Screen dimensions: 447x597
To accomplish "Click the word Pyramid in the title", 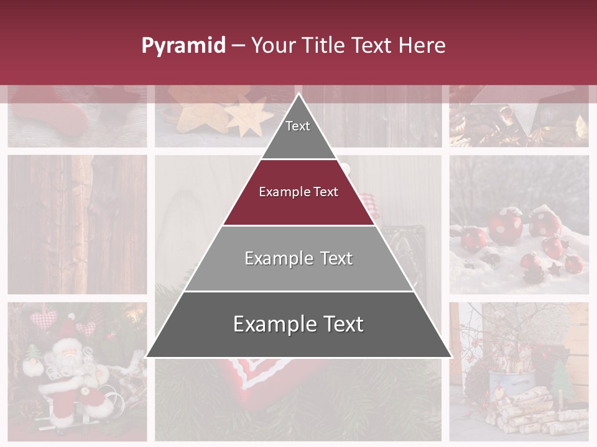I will click(183, 46).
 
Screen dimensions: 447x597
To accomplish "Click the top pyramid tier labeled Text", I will click(298, 127).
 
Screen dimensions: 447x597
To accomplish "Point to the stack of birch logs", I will click(529, 410).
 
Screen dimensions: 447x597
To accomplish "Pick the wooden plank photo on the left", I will click(77, 223).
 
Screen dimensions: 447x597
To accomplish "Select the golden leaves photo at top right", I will click(519, 118).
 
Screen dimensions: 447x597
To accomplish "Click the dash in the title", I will click(238, 46).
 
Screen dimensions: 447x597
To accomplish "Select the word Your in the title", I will click(274, 45).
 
